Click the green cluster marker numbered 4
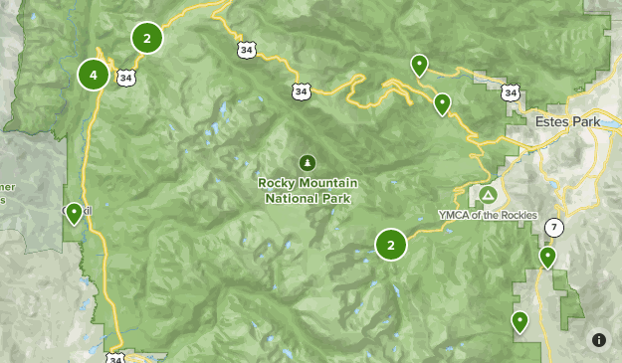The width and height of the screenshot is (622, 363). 94,74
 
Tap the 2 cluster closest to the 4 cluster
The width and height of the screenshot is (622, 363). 147,39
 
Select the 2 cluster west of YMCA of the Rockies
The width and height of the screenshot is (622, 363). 391,244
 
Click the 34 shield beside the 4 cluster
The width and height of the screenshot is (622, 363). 124,77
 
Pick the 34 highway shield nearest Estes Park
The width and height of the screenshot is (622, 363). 511,92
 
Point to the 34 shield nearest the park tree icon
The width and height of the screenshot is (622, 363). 301,91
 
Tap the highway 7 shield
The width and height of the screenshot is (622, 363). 554,228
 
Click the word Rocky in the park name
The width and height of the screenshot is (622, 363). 276,183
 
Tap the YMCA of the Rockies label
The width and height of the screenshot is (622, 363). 488,215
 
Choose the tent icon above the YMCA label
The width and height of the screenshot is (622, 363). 488,194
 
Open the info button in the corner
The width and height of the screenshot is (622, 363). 599,340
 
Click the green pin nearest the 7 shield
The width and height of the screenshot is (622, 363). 547,257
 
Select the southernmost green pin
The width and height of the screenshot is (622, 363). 519,320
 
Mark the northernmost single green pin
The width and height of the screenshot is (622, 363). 420,65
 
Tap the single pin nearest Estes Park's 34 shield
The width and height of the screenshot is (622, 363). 442,101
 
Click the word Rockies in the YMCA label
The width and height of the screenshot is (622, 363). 518,215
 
